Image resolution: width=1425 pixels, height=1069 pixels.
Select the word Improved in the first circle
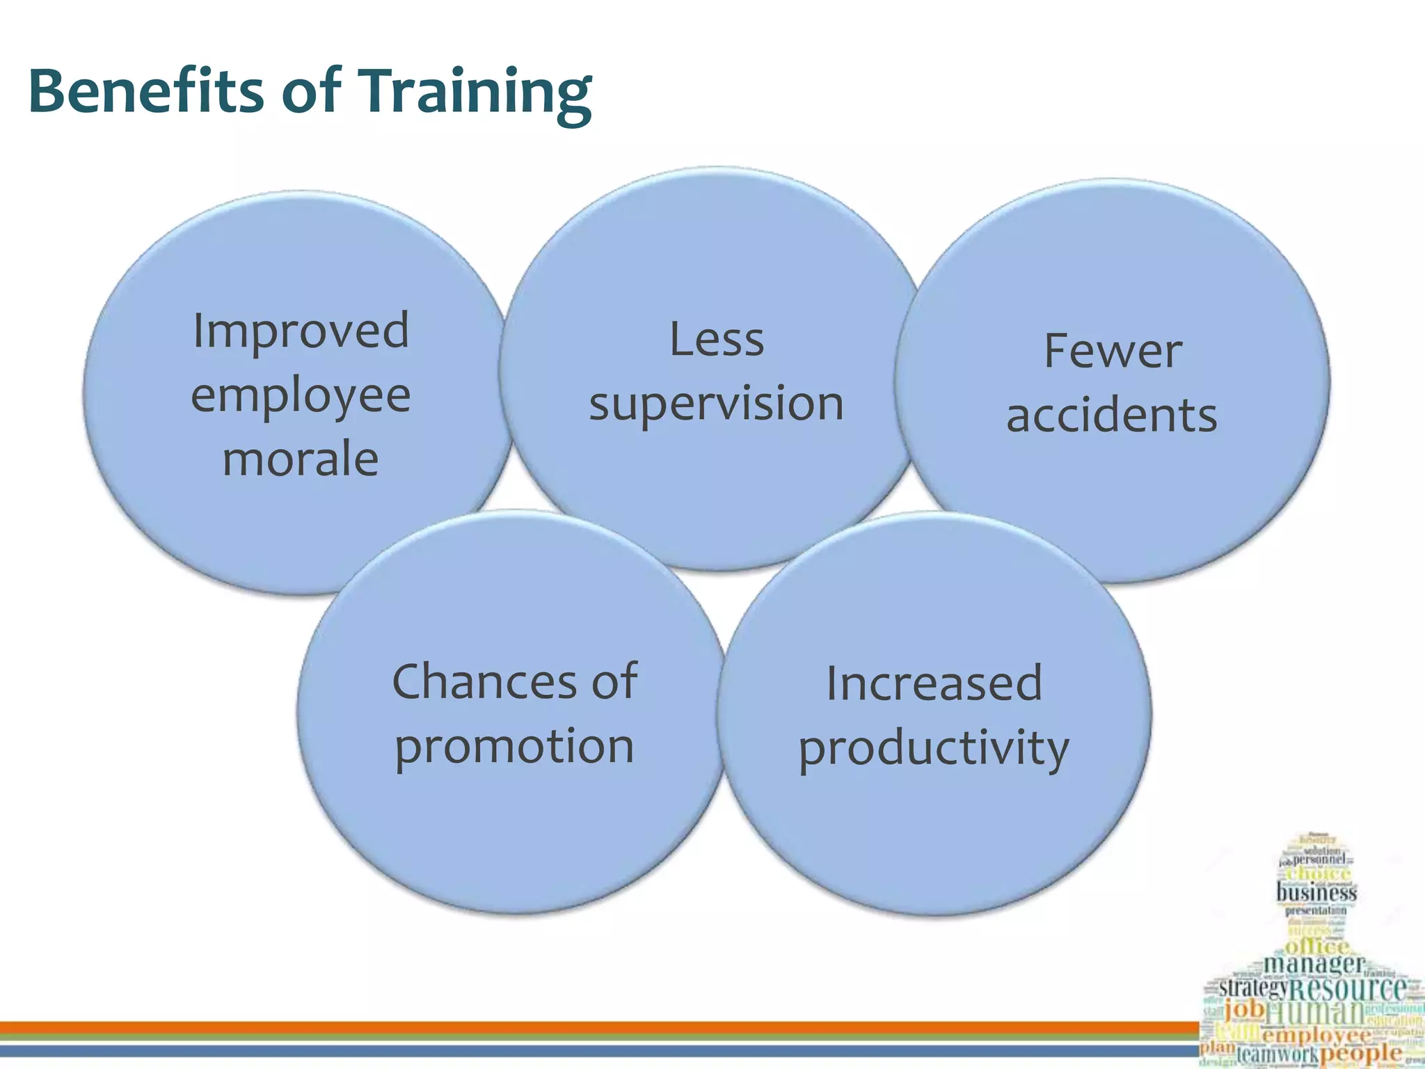coord(301,332)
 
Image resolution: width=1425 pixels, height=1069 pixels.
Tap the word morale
coord(301,460)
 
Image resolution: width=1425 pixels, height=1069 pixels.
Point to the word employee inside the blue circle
coord(301,397)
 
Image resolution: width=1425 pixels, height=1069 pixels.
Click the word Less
coord(716,340)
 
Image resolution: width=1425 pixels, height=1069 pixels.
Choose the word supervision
coord(716,404)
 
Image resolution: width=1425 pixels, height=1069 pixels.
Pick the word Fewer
coord(1112,351)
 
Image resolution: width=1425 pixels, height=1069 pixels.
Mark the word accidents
coord(1112,415)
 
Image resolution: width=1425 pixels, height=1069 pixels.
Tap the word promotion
coord(514,747)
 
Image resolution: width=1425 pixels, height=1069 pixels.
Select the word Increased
coord(934,683)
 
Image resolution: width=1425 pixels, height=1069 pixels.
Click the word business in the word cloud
coord(1316,892)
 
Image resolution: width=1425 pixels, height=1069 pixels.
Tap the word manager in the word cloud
coord(1314,964)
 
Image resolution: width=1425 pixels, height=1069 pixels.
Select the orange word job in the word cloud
coord(1243,1008)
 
